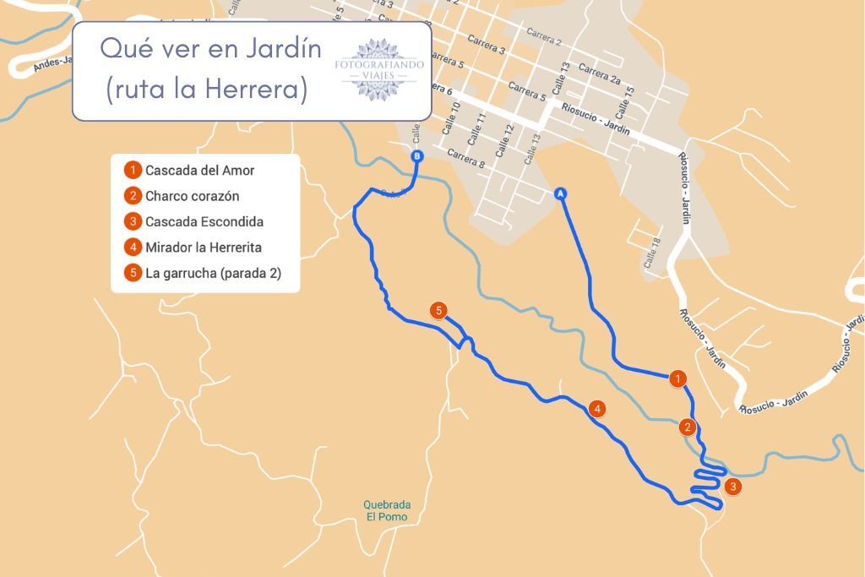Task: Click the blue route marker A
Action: click(x=560, y=193)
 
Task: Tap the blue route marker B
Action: click(x=416, y=156)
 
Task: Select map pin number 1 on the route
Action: click(x=677, y=378)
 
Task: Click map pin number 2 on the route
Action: click(x=688, y=427)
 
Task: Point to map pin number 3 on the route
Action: click(x=732, y=486)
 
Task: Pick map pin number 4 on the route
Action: click(x=598, y=409)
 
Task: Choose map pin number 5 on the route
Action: click(x=438, y=310)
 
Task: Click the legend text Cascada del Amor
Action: click(x=199, y=171)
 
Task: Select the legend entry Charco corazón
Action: click(x=192, y=196)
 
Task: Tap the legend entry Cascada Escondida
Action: click(x=204, y=222)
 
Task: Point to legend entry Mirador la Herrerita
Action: click(x=203, y=248)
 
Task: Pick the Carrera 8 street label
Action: click(x=465, y=159)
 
